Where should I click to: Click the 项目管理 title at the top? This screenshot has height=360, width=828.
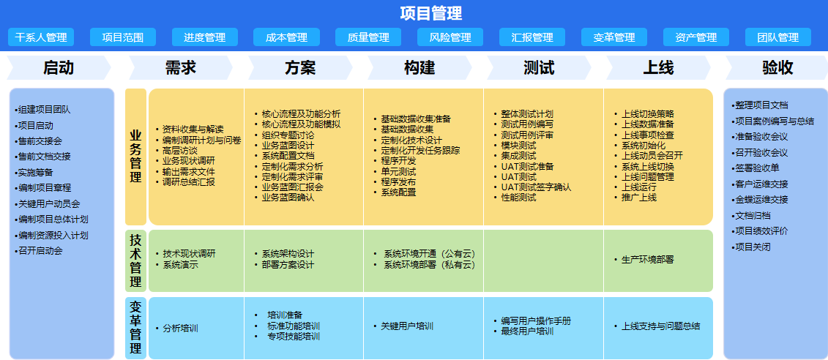431,13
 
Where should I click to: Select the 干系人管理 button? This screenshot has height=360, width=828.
41,37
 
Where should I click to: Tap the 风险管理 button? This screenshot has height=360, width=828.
450,37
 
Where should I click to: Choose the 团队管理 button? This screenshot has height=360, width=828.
777,37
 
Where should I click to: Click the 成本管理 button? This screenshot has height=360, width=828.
287,37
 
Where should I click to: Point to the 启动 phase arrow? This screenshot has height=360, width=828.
59,67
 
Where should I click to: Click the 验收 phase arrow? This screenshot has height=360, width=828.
777,67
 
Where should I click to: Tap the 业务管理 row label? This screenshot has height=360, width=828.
135,157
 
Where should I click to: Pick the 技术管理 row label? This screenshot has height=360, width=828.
135,260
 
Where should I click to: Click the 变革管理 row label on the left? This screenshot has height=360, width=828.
135,328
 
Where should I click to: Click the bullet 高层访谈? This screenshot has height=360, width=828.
176,151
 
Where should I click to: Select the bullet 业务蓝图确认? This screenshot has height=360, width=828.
285,198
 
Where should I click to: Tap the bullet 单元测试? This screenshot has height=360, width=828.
395,171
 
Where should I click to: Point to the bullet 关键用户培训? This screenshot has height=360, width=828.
403,326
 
